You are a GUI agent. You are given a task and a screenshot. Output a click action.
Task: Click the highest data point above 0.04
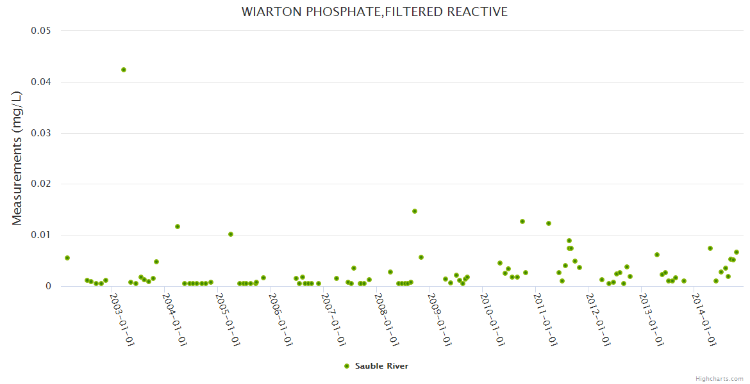coord(124,70)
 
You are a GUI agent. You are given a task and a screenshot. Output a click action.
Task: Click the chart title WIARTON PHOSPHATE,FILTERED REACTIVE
coord(374,12)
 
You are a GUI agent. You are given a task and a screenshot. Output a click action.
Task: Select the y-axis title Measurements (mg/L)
coord(17,157)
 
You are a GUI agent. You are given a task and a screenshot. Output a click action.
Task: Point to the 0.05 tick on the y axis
coord(41,31)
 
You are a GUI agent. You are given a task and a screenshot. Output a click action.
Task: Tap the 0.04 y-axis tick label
coord(41,82)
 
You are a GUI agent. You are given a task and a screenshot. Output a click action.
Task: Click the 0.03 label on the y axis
coord(41,133)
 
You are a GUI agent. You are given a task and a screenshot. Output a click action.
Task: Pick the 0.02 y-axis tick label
coord(41,184)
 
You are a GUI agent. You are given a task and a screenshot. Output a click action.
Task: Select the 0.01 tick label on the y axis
coord(41,235)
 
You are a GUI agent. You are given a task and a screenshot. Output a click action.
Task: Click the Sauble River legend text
coord(381,366)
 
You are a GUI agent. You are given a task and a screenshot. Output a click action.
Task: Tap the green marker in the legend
coord(347,366)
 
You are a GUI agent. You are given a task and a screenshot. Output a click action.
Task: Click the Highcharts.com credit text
coord(719,378)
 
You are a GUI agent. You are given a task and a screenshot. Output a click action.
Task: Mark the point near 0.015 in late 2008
coord(415,211)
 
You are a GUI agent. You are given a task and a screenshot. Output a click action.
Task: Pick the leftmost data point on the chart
coord(67,258)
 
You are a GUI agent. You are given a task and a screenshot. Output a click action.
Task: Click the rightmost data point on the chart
coord(737,252)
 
